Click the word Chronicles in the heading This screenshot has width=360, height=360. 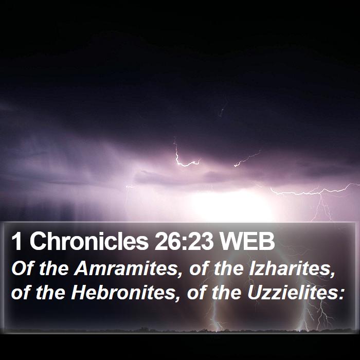[89, 241]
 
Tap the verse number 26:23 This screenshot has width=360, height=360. [184, 242]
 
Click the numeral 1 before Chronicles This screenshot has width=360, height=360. [16, 242]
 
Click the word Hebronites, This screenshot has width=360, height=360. [123, 293]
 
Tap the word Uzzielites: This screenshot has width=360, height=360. [296, 293]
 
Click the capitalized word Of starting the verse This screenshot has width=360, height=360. [23, 268]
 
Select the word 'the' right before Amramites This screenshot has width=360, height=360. [54, 268]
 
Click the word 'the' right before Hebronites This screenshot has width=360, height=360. [50, 293]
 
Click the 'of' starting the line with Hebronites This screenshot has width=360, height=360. [21, 293]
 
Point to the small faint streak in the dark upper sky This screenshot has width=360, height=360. [221, 113]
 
